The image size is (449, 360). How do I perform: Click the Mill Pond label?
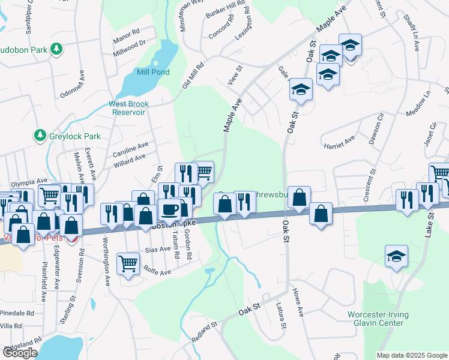[152, 72]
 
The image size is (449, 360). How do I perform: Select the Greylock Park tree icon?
[40, 135]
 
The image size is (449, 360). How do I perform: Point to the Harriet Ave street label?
[340, 142]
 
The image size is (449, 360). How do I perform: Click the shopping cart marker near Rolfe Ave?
[128, 263]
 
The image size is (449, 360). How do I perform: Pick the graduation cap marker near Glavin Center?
[396, 256]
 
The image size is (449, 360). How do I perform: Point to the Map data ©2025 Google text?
[412, 355]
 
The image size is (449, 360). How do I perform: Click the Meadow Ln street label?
[418, 104]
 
